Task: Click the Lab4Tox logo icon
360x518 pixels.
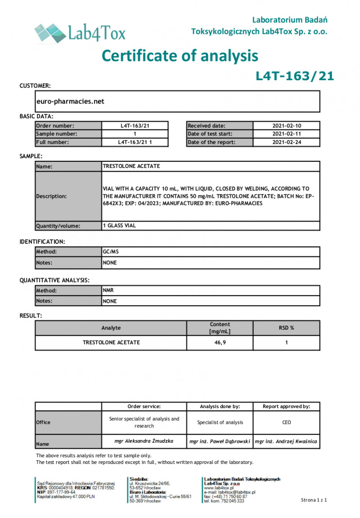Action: coord(49,32)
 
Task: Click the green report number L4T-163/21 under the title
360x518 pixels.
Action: coord(295,76)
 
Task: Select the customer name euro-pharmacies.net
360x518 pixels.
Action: coord(70,101)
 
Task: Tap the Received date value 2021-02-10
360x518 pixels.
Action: coord(286,126)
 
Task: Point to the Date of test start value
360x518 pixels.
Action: coord(286,134)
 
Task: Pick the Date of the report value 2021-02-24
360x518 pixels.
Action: coord(286,142)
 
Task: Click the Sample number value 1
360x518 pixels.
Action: coord(135,134)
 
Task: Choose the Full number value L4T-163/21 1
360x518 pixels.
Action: coord(135,142)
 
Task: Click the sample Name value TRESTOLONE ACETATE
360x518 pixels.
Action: coord(131,166)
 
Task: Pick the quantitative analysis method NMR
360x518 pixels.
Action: coord(108,291)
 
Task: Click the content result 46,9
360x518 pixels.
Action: coord(220,342)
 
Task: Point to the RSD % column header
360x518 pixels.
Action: coord(286,328)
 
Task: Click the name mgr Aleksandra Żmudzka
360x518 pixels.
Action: coord(144,441)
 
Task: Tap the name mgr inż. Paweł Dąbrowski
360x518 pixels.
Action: coord(220,441)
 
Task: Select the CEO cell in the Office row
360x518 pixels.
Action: coord(286,423)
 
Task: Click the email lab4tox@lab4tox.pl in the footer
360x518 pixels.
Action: coord(229,492)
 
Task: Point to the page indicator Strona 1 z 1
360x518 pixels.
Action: coord(314,500)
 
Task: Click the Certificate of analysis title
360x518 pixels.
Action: coord(180,55)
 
